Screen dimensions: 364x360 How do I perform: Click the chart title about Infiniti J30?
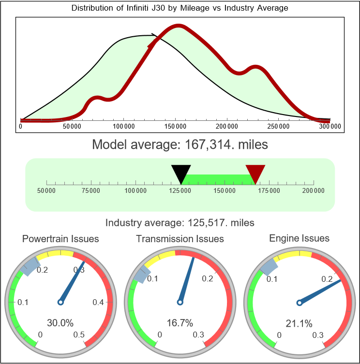click(x=180, y=8)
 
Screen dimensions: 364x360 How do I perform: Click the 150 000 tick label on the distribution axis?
click(x=175, y=127)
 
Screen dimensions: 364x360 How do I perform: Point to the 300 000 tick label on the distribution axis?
click(x=330, y=127)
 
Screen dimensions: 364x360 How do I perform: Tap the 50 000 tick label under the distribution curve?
click(x=72, y=127)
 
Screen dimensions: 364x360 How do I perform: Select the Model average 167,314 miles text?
click(x=180, y=145)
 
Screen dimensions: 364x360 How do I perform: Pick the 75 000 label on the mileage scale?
click(x=91, y=191)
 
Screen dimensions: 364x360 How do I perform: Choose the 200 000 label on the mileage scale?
click(x=314, y=191)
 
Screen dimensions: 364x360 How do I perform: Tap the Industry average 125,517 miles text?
click(x=180, y=223)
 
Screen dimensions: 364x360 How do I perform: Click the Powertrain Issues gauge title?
click(x=60, y=239)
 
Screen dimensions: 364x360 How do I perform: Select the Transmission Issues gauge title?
click(x=180, y=239)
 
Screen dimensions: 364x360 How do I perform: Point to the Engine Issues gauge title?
click(x=299, y=238)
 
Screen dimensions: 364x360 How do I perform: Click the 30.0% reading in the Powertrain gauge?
click(x=60, y=323)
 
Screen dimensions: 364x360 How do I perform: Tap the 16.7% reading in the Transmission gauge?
click(x=180, y=323)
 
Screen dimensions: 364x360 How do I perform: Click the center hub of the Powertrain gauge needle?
click(x=60, y=302)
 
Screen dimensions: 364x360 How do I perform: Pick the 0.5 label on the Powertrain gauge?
click(x=79, y=335)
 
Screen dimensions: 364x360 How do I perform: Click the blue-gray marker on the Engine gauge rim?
click(x=269, y=265)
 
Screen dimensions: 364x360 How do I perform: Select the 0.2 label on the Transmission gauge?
click(x=208, y=278)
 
